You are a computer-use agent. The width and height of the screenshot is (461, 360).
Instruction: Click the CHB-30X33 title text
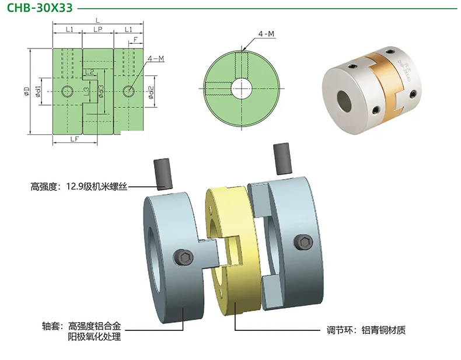point(40,8)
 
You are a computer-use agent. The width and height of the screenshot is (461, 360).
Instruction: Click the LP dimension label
point(98,29)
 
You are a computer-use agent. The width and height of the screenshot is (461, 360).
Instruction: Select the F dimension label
point(135,39)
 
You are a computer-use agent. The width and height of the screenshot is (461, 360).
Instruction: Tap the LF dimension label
point(75,139)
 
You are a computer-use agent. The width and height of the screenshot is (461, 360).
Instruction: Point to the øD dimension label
point(27,92)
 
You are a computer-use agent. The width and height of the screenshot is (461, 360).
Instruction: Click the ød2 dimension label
point(151,92)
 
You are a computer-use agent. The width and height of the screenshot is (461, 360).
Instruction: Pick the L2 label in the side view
point(90,72)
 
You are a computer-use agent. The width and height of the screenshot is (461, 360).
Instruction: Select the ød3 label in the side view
point(101,92)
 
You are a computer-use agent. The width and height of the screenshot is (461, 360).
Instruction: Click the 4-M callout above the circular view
point(266,34)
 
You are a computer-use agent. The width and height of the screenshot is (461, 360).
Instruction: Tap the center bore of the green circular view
point(242,88)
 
